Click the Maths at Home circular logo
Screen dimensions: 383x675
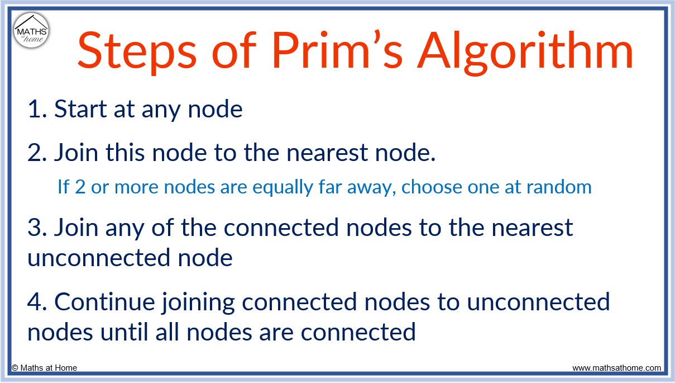31,31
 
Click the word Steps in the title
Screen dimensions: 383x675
137,50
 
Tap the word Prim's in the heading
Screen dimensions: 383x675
338,50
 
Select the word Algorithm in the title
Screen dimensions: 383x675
526,50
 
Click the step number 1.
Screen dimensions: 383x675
36,110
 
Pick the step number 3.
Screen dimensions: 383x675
36,228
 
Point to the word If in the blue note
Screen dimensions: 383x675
64,187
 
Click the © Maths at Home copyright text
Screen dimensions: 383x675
45,368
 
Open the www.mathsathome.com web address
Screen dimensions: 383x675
617,368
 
